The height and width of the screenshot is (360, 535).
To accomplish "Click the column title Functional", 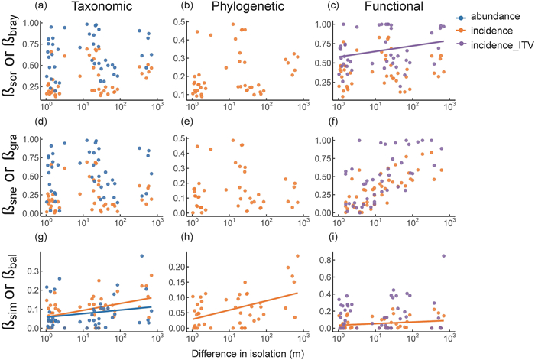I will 384,7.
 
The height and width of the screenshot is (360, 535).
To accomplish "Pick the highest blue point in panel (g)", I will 142,256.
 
